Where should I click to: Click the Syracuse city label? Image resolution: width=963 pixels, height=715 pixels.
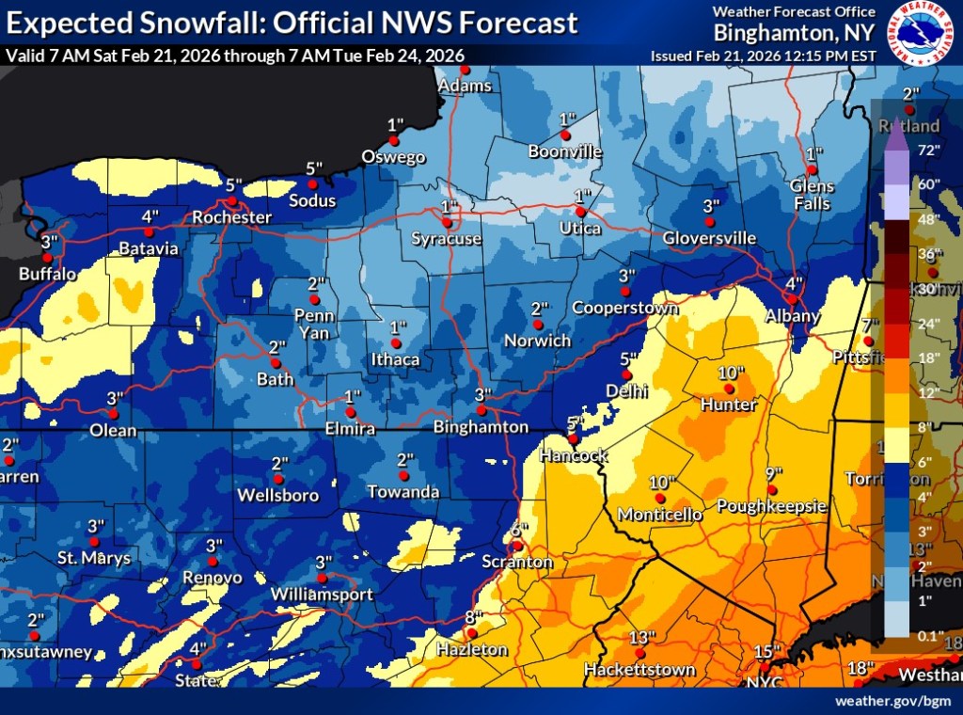447,239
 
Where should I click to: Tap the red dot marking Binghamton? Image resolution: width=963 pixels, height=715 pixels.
481,410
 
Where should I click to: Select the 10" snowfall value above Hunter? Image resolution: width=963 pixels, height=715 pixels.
731,373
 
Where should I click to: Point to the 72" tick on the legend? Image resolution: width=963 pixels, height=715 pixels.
929,150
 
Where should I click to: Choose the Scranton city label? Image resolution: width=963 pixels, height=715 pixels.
518,562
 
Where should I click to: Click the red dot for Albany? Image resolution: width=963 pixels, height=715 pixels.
792,298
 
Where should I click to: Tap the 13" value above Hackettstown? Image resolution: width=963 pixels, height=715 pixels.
641,637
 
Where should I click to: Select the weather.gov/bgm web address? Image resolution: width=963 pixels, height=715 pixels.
893,701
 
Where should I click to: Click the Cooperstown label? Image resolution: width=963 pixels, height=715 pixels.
625,308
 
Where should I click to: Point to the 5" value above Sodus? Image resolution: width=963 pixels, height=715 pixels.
314,168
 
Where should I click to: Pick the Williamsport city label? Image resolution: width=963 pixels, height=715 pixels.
322,595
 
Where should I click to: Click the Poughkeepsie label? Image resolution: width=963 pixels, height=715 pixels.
771,506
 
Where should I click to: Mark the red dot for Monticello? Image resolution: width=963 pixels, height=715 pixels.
660,498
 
